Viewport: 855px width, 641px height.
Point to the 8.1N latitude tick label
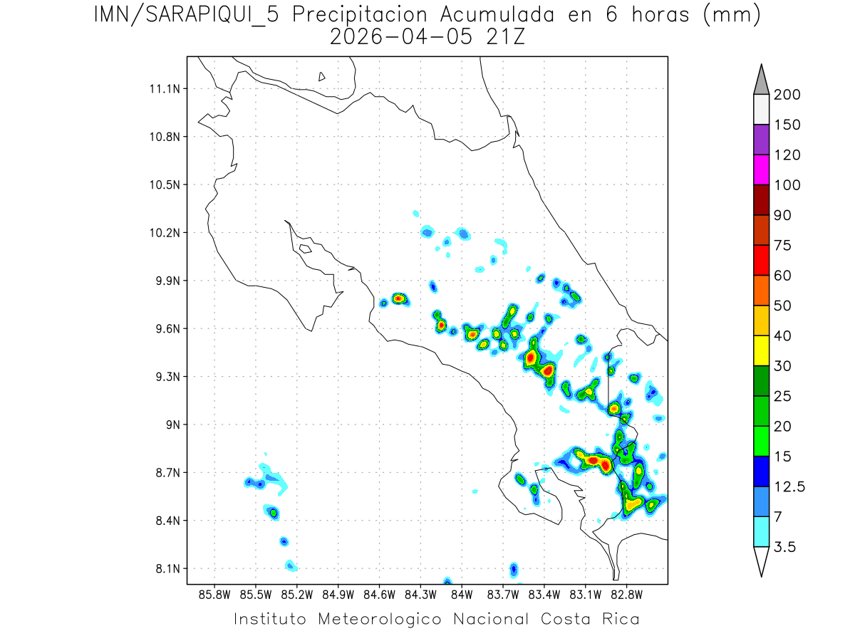click(x=165, y=568)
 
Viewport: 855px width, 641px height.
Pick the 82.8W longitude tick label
click(x=626, y=593)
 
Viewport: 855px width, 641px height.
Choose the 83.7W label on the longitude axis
click(x=503, y=593)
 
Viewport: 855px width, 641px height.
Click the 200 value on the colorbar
click(x=786, y=95)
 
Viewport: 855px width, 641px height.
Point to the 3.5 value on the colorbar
click(x=784, y=546)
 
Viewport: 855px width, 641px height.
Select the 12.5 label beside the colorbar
click(x=789, y=486)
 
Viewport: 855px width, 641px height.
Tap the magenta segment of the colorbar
click(x=760, y=170)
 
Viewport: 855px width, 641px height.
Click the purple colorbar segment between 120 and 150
click(x=760, y=140)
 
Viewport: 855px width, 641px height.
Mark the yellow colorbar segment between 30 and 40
click(x=760, y=350)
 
